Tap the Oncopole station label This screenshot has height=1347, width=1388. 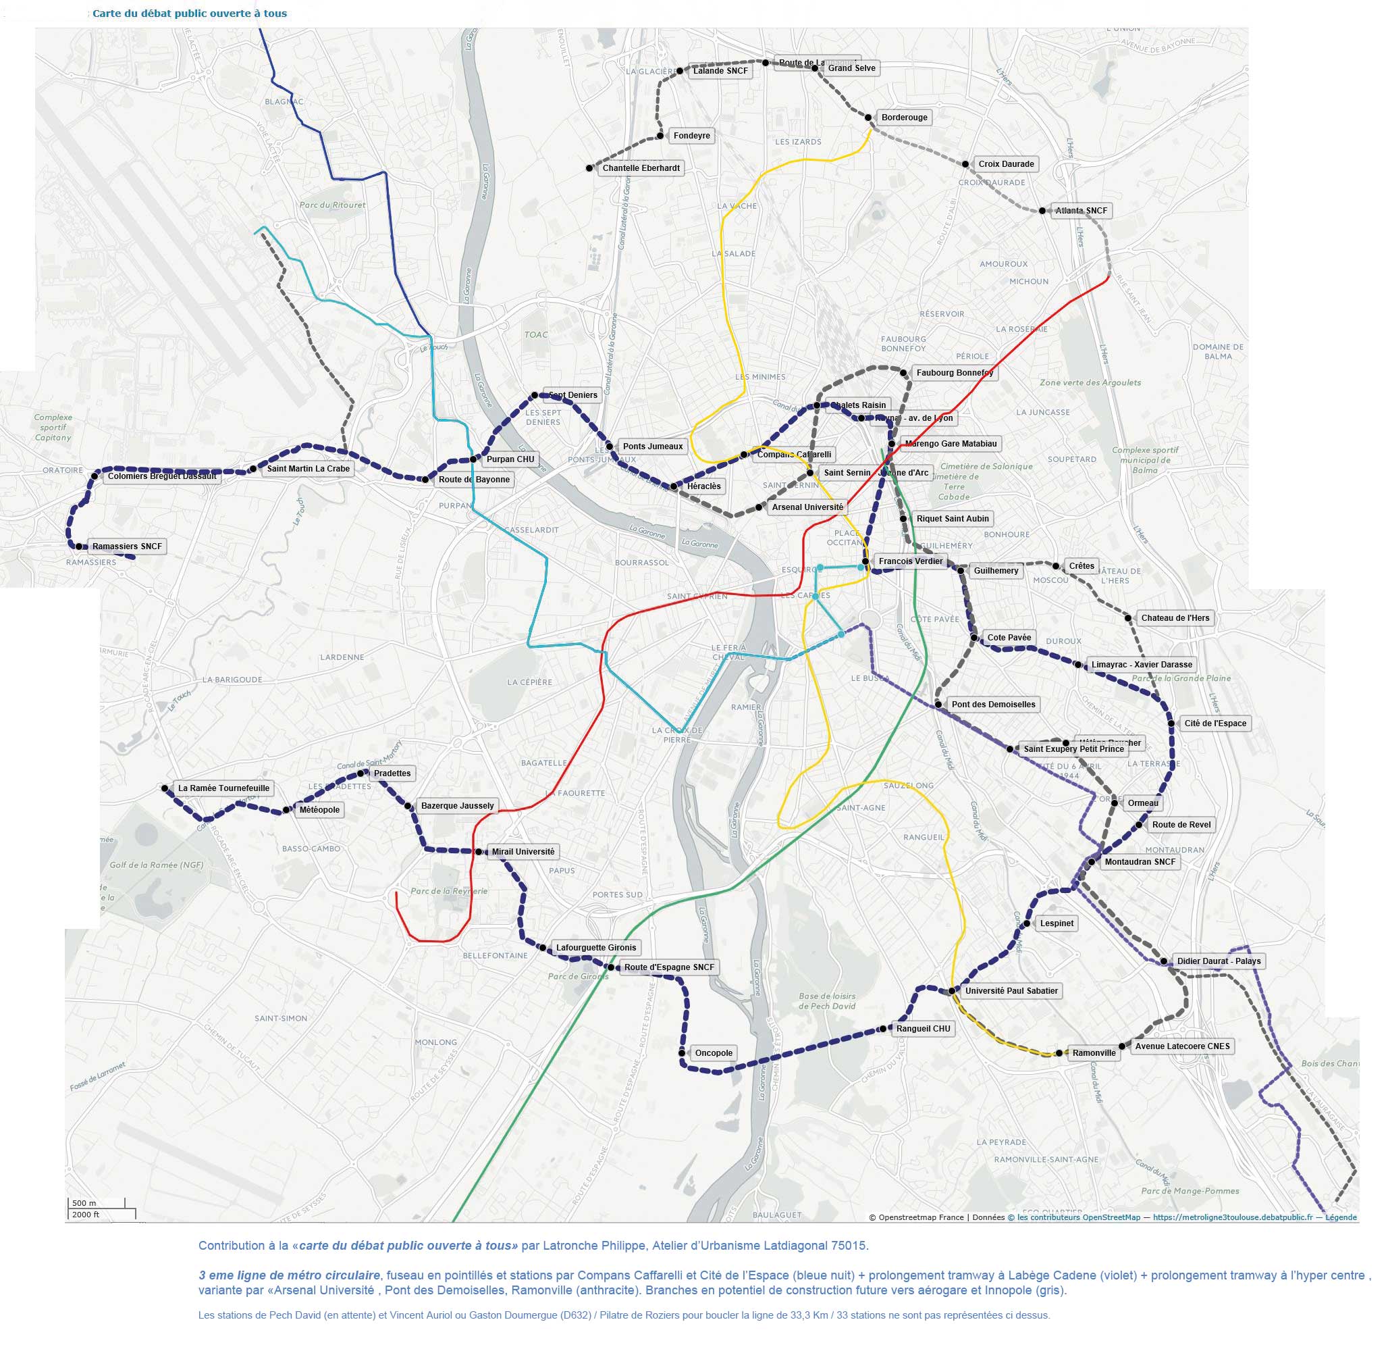tap(713, 1053)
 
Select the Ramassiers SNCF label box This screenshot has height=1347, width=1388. tap(127, 547)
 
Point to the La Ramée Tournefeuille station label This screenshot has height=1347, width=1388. tap(223, 788)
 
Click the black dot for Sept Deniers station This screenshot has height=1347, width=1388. tap(535, 395)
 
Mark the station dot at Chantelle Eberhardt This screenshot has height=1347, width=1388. tap(589, 168)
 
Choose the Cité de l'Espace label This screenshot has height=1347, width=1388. tap(1214, 723)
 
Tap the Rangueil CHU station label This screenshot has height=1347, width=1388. tap(923, 1029)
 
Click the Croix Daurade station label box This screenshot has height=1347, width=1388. tap(1006, 164)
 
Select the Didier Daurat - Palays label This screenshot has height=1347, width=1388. tap(1218, 961)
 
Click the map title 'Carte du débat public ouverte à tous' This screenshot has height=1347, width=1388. tap(190, 14)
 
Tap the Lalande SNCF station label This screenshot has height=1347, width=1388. tap(720, 71)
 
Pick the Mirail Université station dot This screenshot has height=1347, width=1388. tap(479, 853)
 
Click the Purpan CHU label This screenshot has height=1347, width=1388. tap(510, 459)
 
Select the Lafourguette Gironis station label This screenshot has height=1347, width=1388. tap(595, 948)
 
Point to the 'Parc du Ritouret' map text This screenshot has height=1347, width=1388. tap(332, 205)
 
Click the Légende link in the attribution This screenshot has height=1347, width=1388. tap(1341, 1217)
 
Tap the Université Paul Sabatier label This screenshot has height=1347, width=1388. tap(1011, 991)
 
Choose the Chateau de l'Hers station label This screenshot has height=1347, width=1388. tap(1175, 618)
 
